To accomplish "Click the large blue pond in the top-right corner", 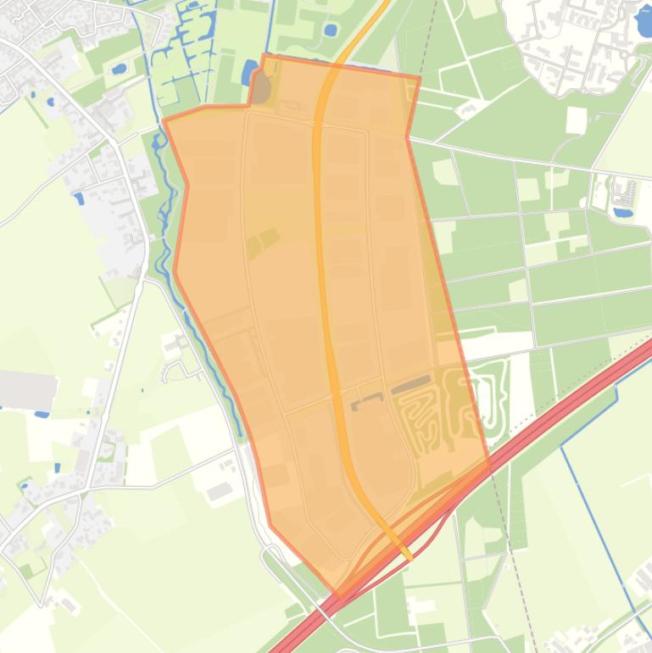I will pyautogui.click(x=644, y=20).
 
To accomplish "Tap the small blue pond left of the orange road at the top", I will pyautogui.click(x=330, y=31).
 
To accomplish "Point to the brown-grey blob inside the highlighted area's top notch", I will pyautogui.click(x=262, y=88).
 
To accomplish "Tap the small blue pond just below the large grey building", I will pyautogui.click(x=42, y=415).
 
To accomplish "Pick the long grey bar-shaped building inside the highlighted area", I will pyautogui.click(x=411, y=386).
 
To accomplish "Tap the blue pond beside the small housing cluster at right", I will pyautogui.click(x=623, y=211).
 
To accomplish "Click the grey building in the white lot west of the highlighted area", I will pyautogui.click(x=220, y=491).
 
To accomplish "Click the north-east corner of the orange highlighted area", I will pyautogui.click(x=419, y=78).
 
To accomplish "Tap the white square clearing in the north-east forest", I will pyautogui.click(x=576, y=120).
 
